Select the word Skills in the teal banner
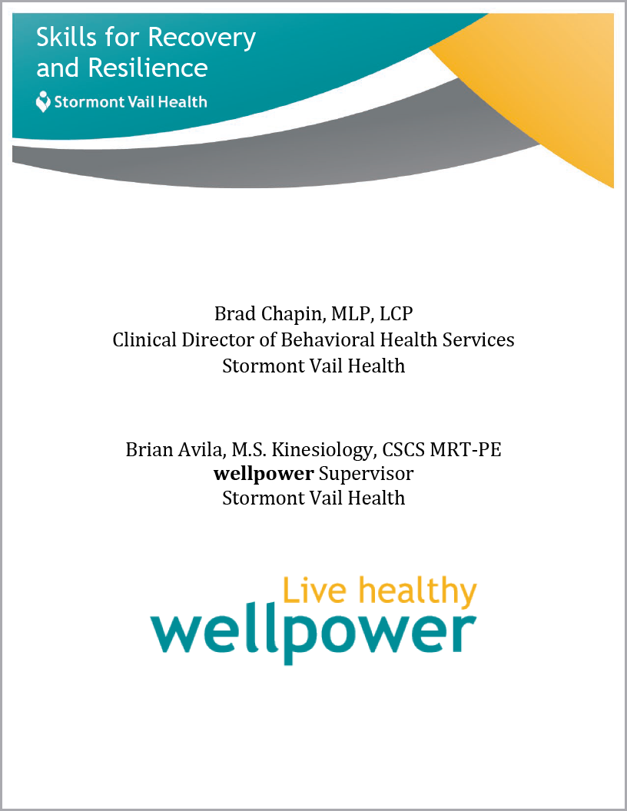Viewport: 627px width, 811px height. (67, 37)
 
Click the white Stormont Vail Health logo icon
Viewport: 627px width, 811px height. (43, 101)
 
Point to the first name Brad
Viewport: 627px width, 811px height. (235, 313)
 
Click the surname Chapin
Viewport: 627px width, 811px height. (293, 314)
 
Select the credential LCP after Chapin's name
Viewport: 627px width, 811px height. (396, 313)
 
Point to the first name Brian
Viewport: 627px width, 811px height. (149, 449)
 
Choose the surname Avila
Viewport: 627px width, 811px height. (202, 450)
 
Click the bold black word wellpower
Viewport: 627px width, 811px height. (264, 475)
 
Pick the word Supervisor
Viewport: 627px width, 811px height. (367, 475)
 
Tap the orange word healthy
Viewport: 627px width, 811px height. (417, 593)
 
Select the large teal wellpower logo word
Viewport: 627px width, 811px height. (313, 633)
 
